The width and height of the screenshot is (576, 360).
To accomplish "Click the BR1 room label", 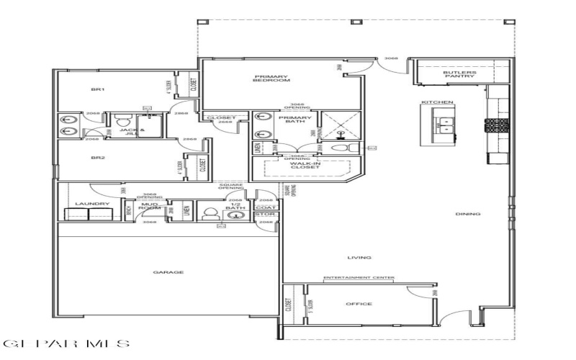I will tap(98, 89).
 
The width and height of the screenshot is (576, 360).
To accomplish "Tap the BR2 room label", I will tap(98, 156).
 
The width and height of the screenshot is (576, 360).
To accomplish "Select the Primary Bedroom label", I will tap(271, 80).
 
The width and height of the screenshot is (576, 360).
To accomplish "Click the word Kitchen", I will tap(437, 103).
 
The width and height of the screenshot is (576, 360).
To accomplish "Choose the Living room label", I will tap(359, 257).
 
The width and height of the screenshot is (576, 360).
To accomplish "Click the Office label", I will tap(359, 304).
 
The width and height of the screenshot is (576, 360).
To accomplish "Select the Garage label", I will tap(168, 272).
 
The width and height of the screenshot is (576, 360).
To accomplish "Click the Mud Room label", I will tap(149, 206).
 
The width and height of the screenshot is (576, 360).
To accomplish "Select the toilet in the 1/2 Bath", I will tap(211, 214).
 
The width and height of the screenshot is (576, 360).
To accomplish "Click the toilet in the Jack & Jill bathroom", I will tap(120, 120).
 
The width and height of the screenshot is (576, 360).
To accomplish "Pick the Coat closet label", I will tap(266, 208).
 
